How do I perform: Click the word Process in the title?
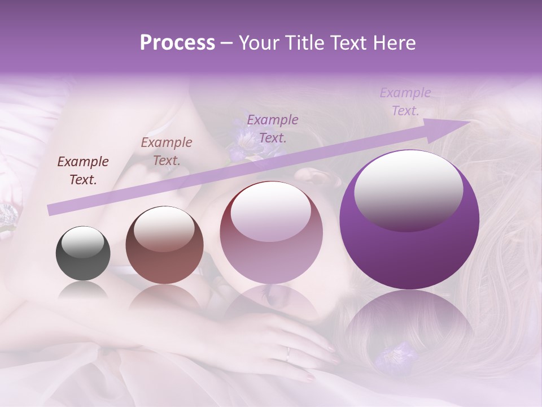(177, 43)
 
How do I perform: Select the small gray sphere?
(83, 253)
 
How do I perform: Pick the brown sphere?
(164, 245)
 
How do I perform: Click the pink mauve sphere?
(271, 232)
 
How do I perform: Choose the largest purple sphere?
(409, 219)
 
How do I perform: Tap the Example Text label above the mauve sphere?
(273, 128)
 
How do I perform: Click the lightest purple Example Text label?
(405, 102)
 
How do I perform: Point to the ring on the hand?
(288, 354)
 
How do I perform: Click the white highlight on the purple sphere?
(408, 190)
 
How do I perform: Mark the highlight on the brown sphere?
(164, 228)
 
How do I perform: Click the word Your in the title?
(257, 43)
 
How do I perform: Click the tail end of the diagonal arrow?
(51, 210)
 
